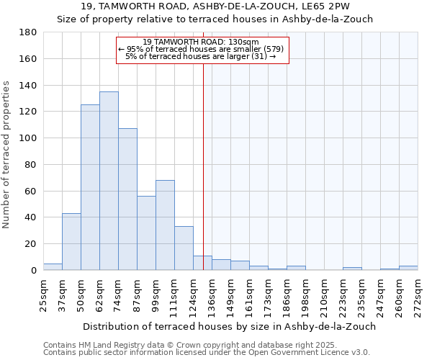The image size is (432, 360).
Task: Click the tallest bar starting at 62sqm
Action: point(109,181)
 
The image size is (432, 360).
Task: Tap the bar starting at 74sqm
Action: point(127,199)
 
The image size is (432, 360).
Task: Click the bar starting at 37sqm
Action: point(71,242)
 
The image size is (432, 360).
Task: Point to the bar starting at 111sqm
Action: point(184,248)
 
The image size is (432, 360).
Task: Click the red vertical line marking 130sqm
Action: point(203,180)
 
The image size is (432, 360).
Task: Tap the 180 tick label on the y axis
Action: point(28,32)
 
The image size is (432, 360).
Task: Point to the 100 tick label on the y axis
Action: point(28,138)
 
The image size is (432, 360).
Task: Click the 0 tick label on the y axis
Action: point(33,271)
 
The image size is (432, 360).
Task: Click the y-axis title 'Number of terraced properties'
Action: point(6,155)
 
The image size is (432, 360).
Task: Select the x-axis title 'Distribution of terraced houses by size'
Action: point(229,326)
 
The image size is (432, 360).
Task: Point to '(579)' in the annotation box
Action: point(274,49)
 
